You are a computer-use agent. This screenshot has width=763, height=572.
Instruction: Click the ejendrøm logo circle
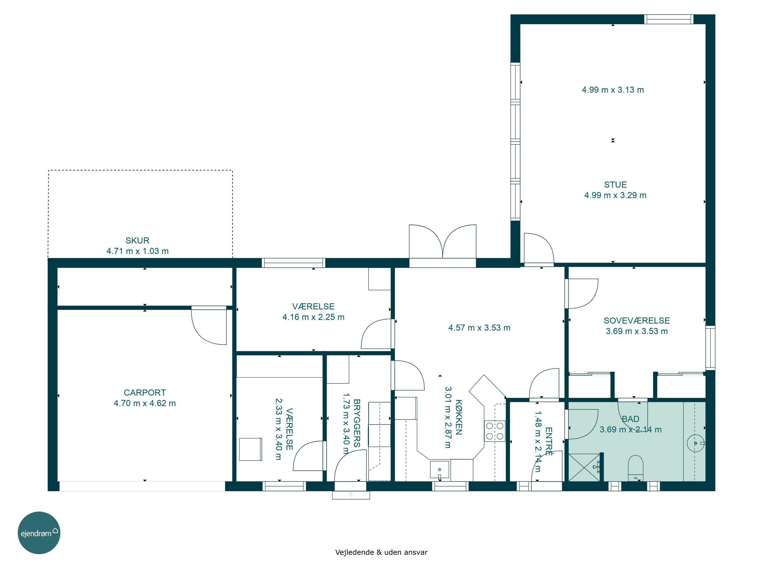(x=39, y=533)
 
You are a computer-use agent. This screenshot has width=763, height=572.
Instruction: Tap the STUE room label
(x=615, y=185)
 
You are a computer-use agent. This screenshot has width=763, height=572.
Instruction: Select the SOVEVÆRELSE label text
(x=637, y=321)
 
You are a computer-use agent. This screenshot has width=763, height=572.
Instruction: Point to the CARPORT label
(x=145, y=393)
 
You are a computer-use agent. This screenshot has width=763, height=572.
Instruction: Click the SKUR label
(x=137, y=241)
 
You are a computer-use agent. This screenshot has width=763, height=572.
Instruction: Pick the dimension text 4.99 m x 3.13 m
(x=613, y=90)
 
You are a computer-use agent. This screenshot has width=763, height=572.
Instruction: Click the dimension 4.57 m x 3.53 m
(x=479, y=328)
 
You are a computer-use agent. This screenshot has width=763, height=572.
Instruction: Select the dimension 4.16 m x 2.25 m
(x=314, y=317)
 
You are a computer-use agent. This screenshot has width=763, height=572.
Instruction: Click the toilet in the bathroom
(x=636, y=468)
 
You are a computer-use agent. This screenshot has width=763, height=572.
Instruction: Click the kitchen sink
(x=439, y=470)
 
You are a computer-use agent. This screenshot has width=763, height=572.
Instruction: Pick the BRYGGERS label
(x=357, y=423)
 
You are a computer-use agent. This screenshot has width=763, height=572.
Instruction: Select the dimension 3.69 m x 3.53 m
(x=637, y=331)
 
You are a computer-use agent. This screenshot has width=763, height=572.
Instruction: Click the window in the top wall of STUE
(x=669, y=19)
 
